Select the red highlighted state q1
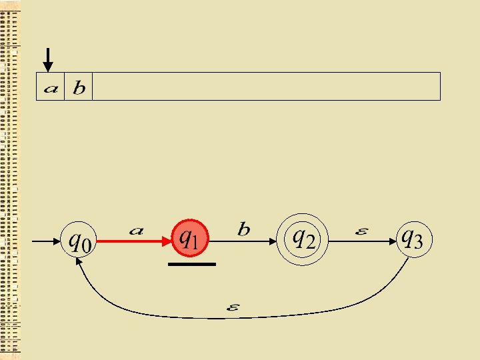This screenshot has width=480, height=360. click(x=191, y=239)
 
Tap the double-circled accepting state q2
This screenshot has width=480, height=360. click(x=304, y=238)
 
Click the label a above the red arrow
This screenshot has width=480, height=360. click(x=136, y=231)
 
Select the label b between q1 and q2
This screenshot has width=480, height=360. click(x=244, y=230)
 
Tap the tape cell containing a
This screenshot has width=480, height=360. click(x=50, y=87)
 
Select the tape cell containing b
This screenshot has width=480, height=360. click(x=78, y=87)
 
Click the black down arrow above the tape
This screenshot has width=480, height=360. click(x=47, y=60)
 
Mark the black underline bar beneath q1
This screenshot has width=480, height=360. click(x=192, y=265)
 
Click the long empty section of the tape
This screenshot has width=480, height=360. click(x=267, y=87)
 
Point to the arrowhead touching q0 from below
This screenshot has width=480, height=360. click(x=81, y=264)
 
